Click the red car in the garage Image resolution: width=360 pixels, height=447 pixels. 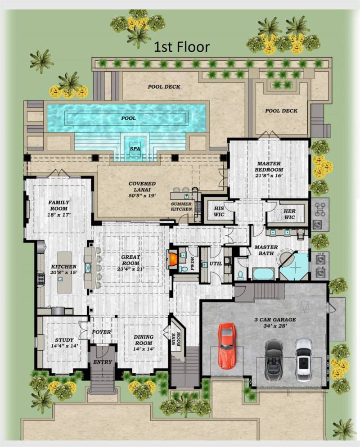(227, 345)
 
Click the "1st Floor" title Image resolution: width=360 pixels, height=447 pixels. (182, 46)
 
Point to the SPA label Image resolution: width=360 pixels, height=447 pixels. (135, 148)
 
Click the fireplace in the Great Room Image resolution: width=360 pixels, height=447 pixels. (173, 259)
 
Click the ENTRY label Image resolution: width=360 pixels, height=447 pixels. (103, 362)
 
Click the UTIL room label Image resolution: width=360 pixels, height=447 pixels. (216, 263)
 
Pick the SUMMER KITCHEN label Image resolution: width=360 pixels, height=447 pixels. (182, 206)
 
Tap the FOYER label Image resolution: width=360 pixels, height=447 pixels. (102, 332)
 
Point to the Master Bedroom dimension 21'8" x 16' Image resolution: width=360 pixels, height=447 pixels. (269, 177)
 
